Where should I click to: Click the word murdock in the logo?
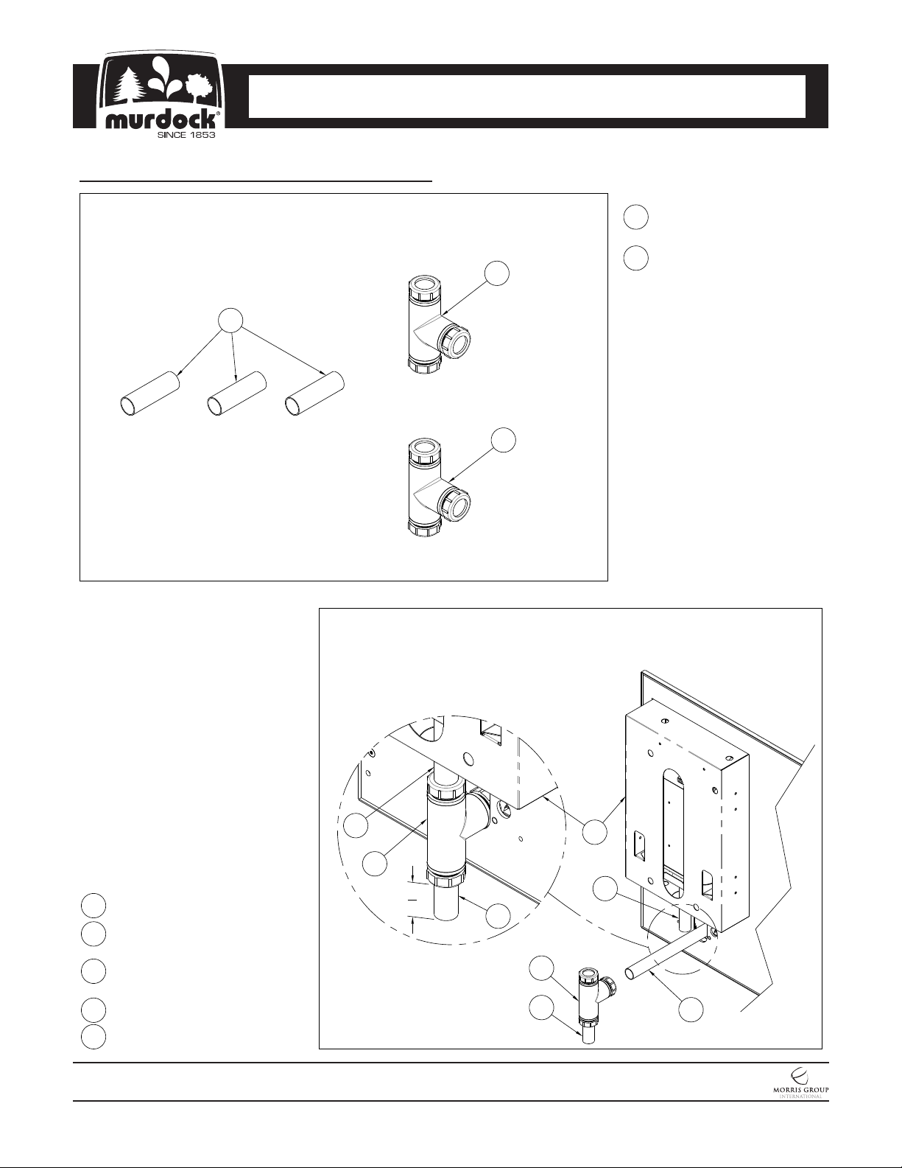point(163,120)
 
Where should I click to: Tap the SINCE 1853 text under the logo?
point(186,135)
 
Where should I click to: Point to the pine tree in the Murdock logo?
point(128,87)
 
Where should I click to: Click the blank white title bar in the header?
point(526,97)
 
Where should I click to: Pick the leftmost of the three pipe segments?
point(149,394)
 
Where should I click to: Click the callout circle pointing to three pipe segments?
point(231,321)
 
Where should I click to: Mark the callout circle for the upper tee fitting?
point(496,273)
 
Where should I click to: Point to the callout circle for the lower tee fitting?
point(504,440)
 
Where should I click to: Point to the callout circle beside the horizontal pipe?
point(691,1010)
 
